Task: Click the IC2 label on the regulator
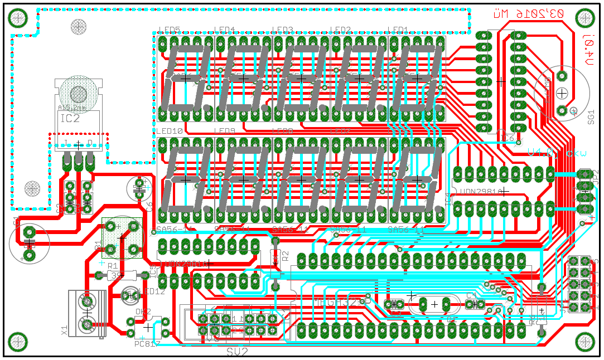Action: (x=70, y=118)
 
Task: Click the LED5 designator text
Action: (x=169, y=30)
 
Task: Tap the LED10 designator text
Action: (x=170, y=131)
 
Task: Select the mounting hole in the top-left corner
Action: (x=18, y=18)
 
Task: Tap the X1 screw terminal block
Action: (x=87, y=313)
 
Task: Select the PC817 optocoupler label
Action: (x=147, y=344)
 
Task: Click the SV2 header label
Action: (x=238, y=352)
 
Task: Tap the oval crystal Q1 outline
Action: (x=434, y=304)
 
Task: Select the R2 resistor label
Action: (x=285, y=256)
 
